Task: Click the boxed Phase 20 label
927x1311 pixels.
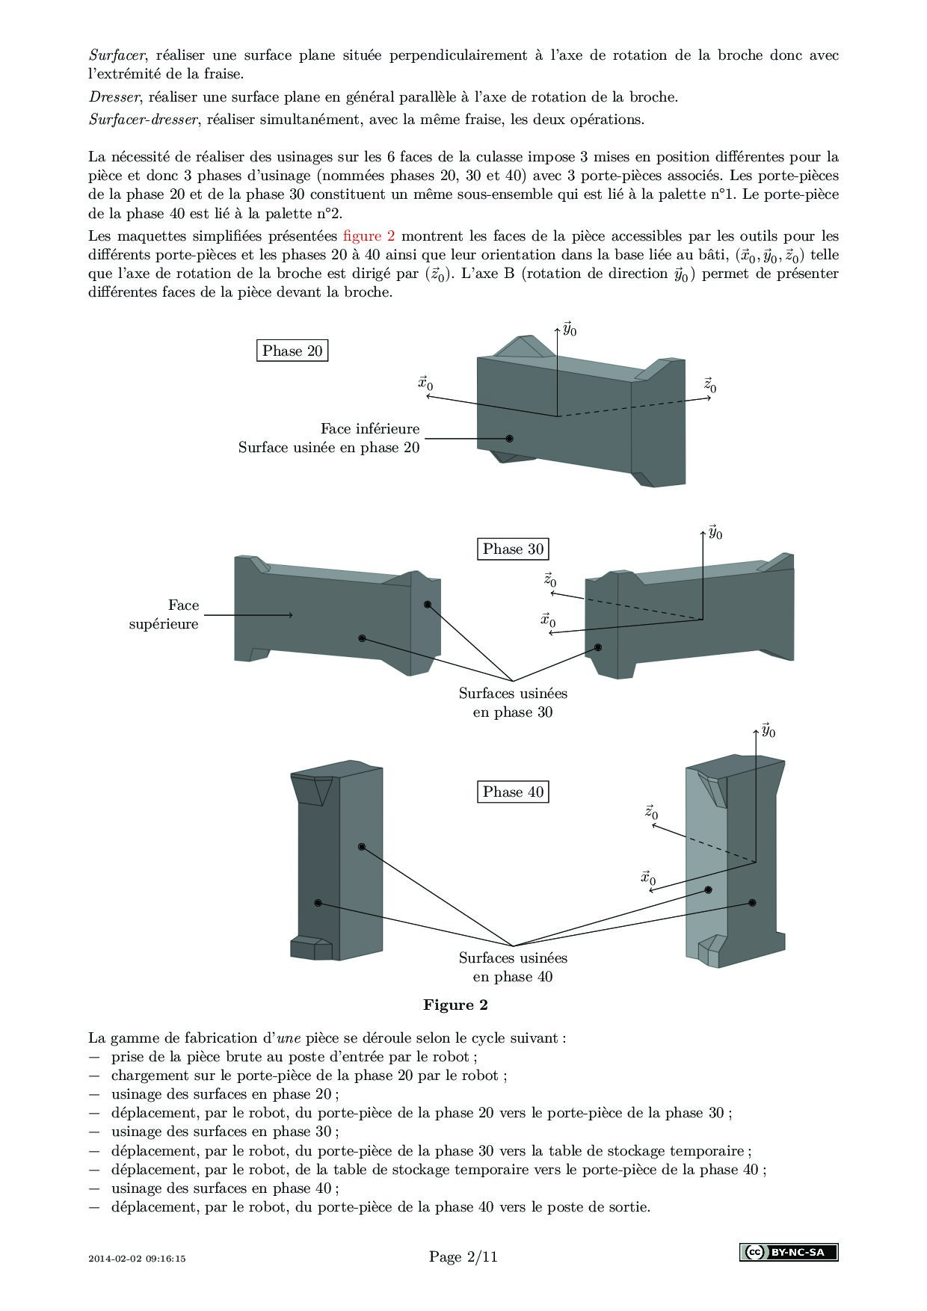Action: point(292,351)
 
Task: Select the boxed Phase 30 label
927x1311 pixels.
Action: point(513,549)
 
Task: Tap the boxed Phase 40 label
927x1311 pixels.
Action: point(513,792)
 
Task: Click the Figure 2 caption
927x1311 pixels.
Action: point(455,1005)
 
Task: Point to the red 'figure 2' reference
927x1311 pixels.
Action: point(369,236)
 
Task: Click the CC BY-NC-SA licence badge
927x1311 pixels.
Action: point(788,1252)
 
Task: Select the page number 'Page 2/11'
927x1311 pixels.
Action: point(463,1256)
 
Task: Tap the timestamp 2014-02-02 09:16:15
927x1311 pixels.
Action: point(137,1258)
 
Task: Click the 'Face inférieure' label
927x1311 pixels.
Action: point(370,428)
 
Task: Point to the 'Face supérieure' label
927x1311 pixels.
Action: point(164,614)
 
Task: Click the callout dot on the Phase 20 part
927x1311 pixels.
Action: point(510,438)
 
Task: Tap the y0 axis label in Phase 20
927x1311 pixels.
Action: point(570,329)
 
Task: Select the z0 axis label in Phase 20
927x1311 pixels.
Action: point(710,386)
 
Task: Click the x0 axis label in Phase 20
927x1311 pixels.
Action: point(425,383)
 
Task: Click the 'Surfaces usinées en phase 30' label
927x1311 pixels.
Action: point(513,703)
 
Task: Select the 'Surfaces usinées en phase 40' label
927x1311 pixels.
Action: point(513,967)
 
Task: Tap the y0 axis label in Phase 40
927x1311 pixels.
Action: point(769,730)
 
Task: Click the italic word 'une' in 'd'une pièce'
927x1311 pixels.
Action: point(288,1037)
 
